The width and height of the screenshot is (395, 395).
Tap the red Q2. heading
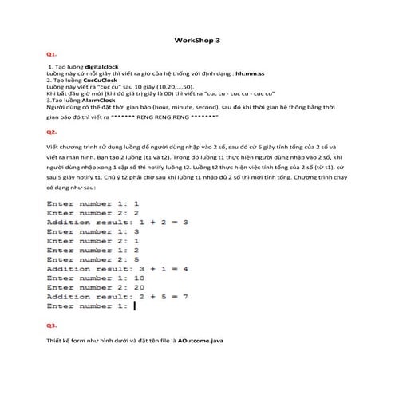[52, 131]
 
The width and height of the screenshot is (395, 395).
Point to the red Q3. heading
[52, 326]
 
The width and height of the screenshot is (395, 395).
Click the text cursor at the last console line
[136, 306]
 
